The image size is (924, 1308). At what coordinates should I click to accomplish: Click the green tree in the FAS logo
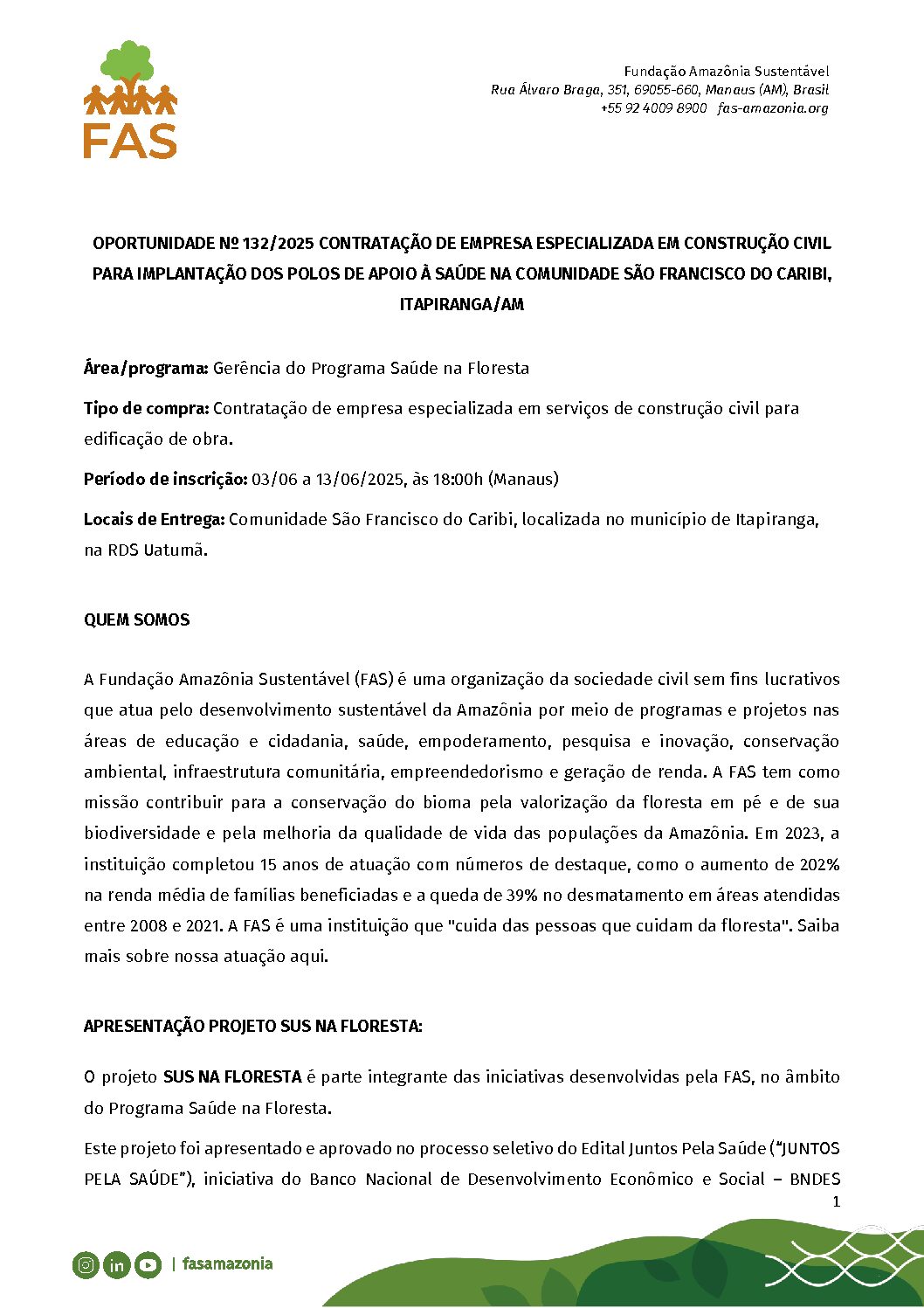point(128,62)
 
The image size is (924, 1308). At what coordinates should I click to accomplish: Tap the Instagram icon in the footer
point(86,1264)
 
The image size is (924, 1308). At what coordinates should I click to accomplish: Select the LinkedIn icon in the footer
point(116,1264)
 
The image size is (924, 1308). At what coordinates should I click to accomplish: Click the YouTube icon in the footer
point(148,1264)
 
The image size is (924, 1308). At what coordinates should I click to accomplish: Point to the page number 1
point(836,1201)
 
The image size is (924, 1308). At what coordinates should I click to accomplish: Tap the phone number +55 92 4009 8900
point(653,108)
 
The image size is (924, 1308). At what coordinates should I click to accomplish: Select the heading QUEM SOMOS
point(136,619)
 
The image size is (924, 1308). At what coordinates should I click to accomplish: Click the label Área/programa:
point(146,368)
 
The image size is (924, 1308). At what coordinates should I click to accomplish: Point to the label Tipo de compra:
point(146,408)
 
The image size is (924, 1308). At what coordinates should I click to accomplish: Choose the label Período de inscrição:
point(165,479)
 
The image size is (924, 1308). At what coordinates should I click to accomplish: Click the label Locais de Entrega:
point(154,519)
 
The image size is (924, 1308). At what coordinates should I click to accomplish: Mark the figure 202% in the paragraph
point(819,864)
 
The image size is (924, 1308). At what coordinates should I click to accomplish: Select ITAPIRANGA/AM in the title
point(462,305)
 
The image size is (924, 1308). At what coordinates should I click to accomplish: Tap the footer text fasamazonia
point(228,1263)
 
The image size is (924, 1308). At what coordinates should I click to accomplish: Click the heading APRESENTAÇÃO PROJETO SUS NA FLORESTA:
point(252,1026)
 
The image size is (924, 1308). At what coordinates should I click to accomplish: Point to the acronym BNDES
point(814,1179)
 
